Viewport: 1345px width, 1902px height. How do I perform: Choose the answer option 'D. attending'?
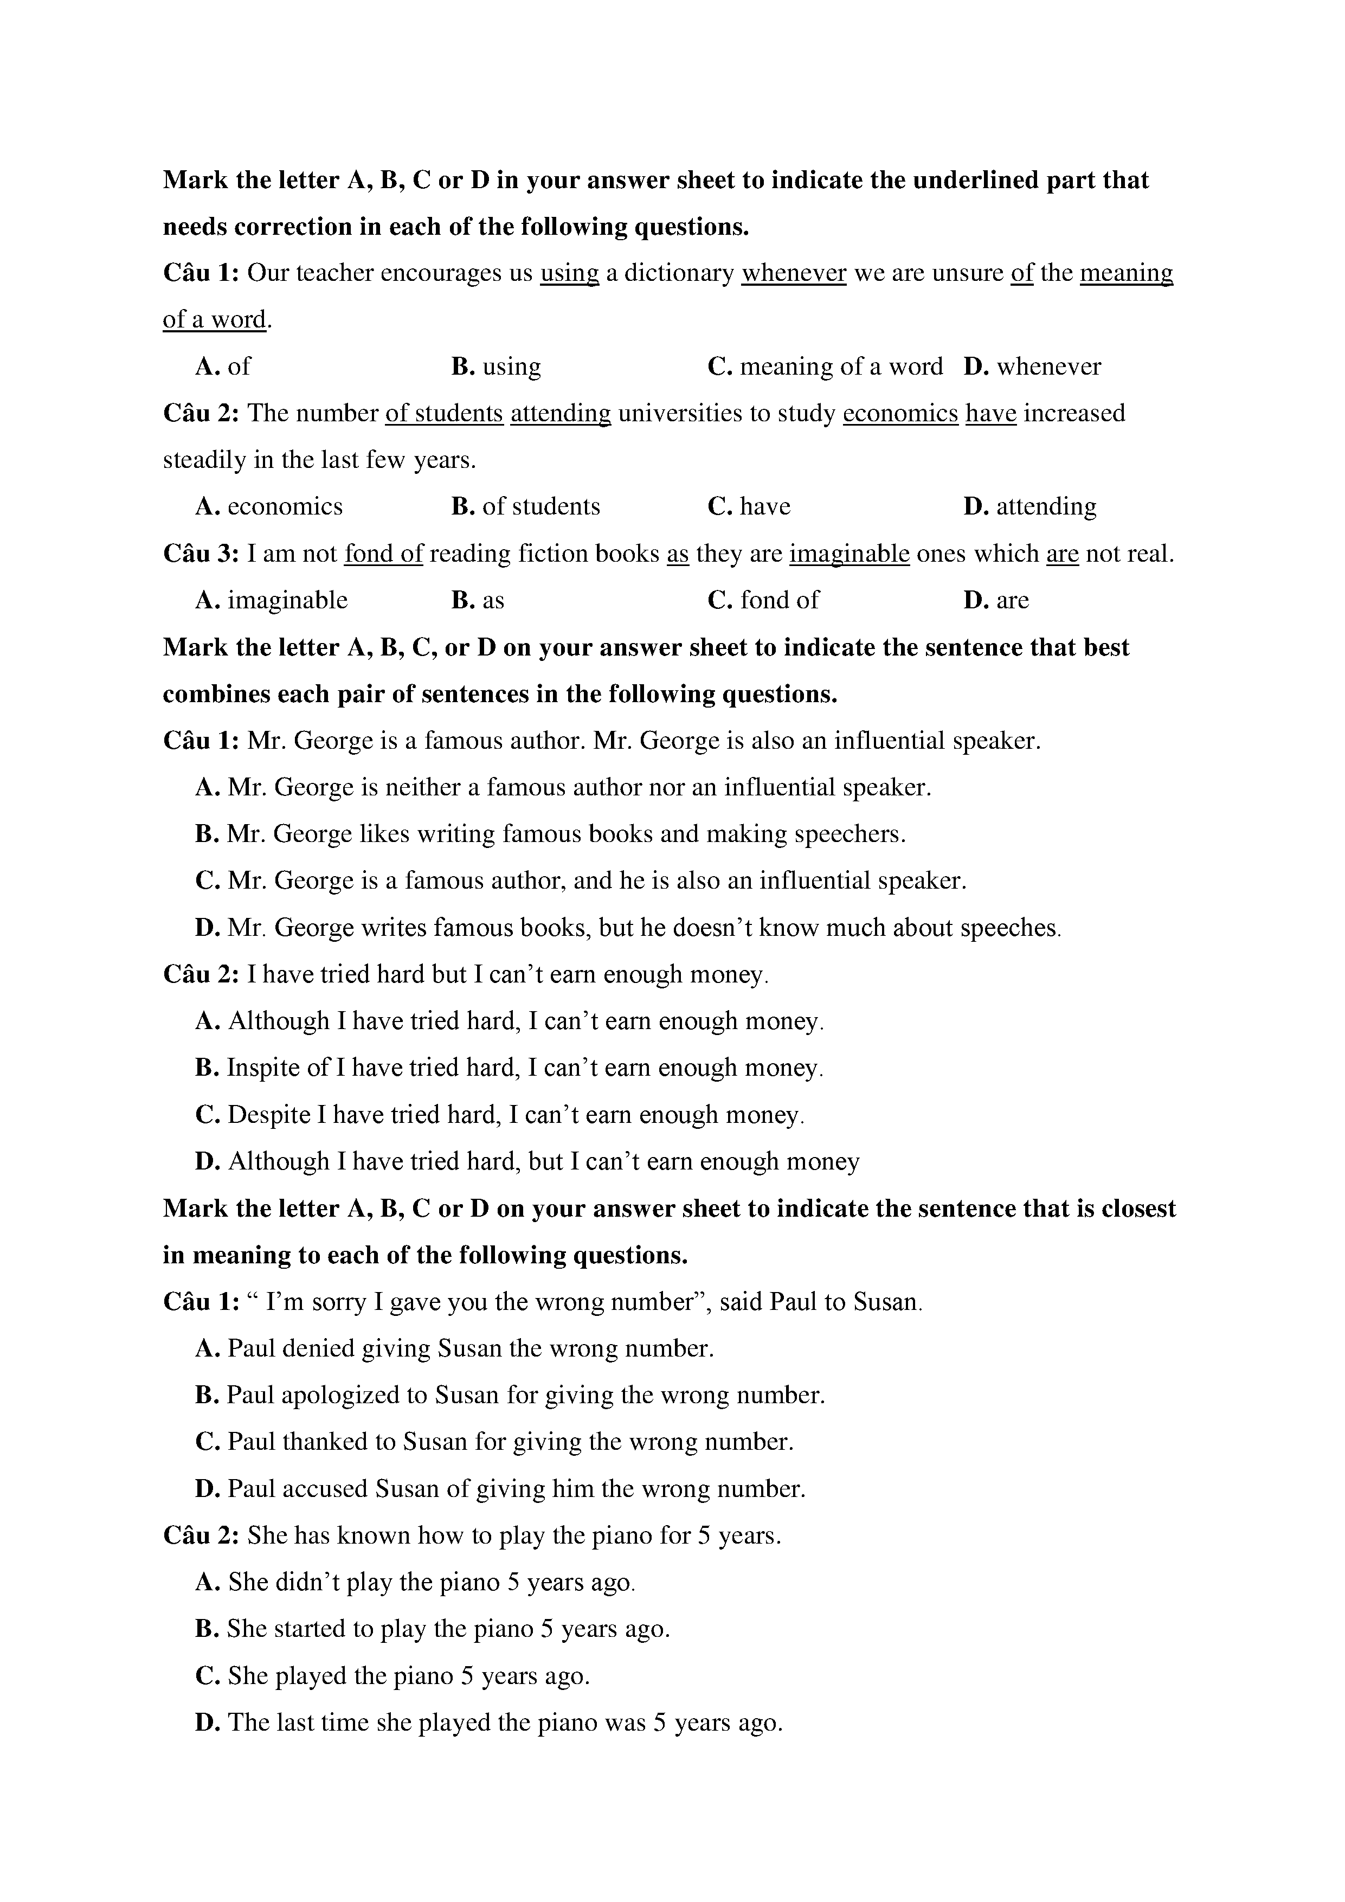[x=1029, y=506]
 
